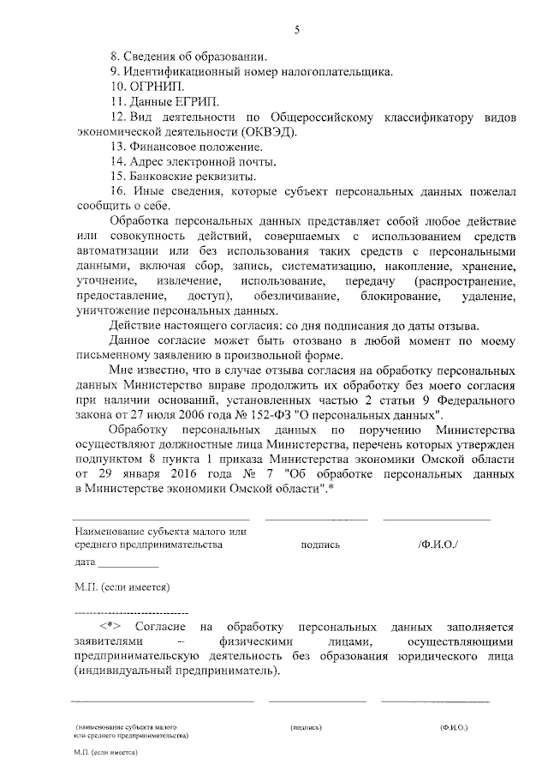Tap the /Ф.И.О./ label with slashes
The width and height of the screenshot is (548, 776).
pyautogui.click(x=438, y=544)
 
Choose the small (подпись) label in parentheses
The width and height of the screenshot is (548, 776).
pyautogui.click(x=306, y=727)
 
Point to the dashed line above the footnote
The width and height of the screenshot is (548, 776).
pyautogui.click(x=132, y=614)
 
